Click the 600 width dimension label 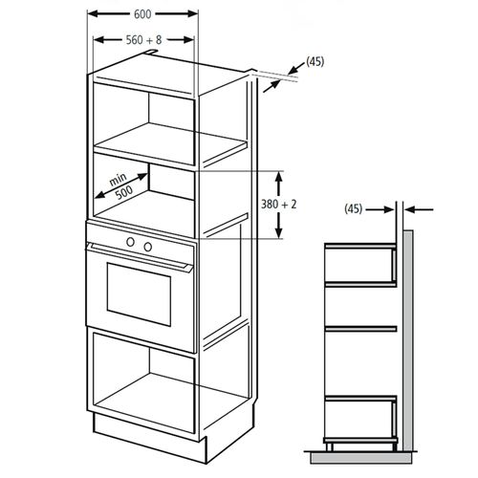142,14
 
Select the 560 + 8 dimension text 143,40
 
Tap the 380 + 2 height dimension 279,205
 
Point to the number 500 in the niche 124,193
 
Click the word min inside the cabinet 118,180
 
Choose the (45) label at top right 315,61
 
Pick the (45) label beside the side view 354,209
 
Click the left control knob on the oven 130,242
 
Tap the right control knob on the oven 147,247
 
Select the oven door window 139,294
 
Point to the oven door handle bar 141,257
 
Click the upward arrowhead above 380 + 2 279,177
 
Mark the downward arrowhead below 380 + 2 279,232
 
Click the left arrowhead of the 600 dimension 94,13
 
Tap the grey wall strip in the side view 408,340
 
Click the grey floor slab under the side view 360,458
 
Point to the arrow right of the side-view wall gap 419,209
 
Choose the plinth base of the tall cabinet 150,437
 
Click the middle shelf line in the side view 360,329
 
